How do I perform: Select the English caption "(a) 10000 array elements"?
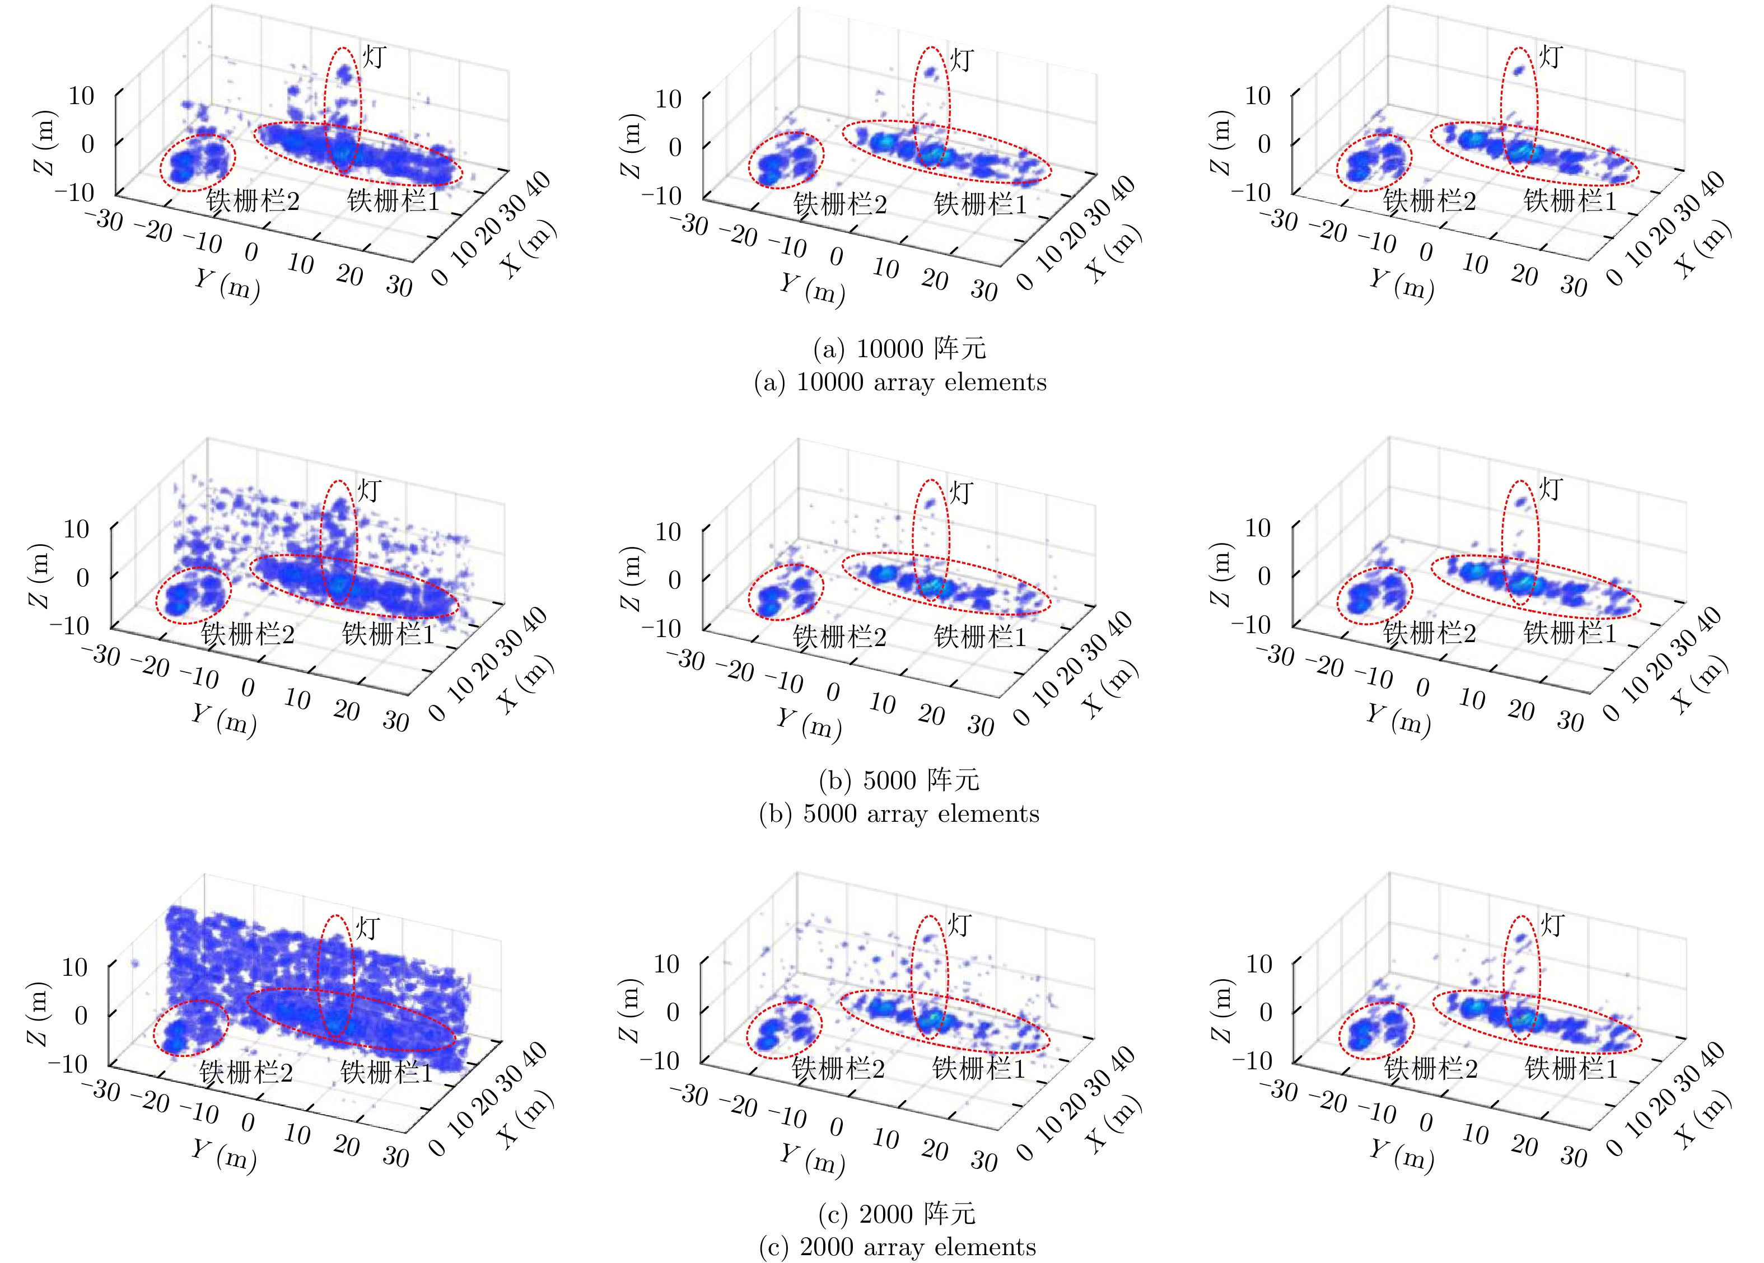point(900,382)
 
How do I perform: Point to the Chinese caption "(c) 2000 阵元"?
point(896,1214)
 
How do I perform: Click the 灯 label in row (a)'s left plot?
point(374,57)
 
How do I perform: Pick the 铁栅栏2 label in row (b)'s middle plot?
point(839,638)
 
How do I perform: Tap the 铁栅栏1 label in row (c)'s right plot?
point(1571,1069)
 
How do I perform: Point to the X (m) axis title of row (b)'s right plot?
point(1701,684)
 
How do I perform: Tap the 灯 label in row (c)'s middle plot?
point(960,925)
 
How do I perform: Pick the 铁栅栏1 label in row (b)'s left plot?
point(388,635)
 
